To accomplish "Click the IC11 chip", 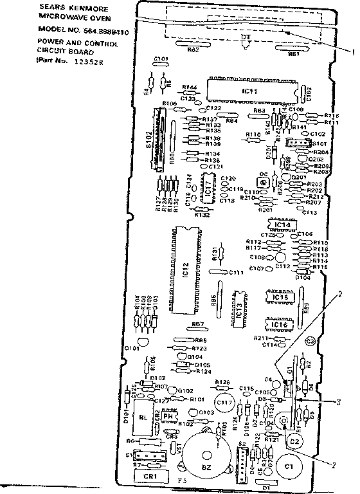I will [250, 92].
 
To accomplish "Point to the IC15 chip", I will [280, 297].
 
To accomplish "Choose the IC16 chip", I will [280, 325].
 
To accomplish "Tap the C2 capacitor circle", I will [294, 442].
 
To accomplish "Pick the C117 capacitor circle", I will [224, 403].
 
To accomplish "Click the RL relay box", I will [145, 416].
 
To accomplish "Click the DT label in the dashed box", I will [245, 37].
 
